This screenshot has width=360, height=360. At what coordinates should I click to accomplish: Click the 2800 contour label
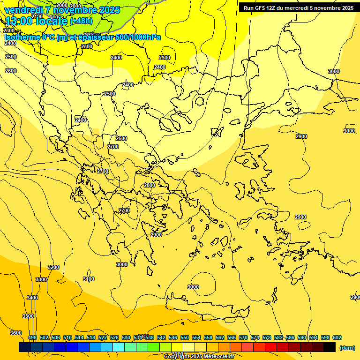(149, 185)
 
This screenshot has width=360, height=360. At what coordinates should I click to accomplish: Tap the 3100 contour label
(88, 279)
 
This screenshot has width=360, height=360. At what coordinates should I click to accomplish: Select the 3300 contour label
(41, 279)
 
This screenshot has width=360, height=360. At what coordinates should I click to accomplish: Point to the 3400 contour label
(32, 298)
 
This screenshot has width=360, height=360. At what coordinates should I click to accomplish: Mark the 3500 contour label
(28, 316)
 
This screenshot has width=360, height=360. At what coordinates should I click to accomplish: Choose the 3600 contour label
(16, 333)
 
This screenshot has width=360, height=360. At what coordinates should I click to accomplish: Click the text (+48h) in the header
(81, 21)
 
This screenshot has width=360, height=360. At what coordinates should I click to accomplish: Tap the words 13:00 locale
(36, 21)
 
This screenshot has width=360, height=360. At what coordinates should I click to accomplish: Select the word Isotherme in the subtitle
(22, 37)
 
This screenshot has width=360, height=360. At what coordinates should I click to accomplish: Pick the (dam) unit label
(347, 347)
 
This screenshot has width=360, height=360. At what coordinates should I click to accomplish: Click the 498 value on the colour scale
(32, 337)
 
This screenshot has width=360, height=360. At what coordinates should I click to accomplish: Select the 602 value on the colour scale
(337, 337)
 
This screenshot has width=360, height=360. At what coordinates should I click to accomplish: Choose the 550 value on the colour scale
(185, 337)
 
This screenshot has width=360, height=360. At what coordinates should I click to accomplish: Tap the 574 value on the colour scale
(255, 337)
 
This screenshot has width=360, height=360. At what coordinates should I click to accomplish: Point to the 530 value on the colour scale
(126, 337)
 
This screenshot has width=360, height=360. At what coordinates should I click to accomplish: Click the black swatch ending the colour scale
(329, 347)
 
